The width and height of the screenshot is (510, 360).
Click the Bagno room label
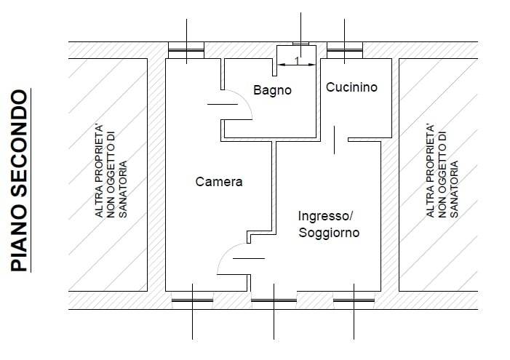pos(272,90)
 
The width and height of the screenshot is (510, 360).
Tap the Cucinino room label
pos(351,87)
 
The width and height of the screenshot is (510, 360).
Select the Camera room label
pos(219,182)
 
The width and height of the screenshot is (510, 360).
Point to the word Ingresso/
pos(325,216)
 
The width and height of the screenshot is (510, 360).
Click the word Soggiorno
pos(329,233)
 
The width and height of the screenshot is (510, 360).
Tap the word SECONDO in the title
pos(19,143)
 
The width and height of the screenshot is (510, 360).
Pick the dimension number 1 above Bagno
pos(297,60)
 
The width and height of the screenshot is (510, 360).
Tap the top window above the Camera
pos(186,50)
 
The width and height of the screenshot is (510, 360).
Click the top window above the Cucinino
pos(344,50)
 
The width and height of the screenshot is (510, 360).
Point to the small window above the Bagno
pos(301,44)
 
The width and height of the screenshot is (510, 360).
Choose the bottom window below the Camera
pos(192,300)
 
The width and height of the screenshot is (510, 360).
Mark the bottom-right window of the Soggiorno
pos(354,300)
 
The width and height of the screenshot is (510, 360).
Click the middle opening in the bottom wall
pos(274,300)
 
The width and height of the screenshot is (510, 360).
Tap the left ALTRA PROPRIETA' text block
pos(111,171)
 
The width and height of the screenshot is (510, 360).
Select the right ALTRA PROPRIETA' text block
pos(442,171)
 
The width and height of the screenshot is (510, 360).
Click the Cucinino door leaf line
pos(335,140)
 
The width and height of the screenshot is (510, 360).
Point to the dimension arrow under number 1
pos(297,65)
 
